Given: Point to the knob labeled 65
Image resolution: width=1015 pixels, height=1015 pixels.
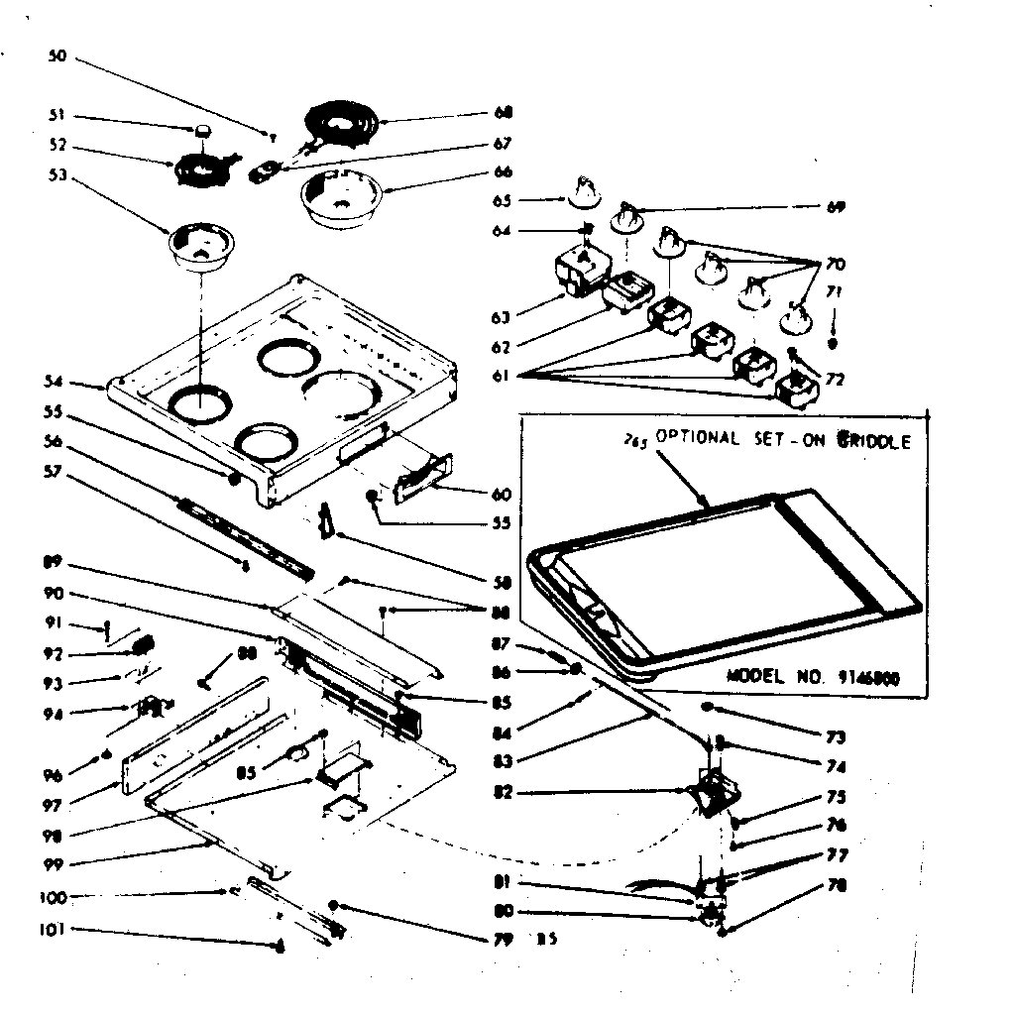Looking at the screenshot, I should pyautogui.click(x=584, y=190).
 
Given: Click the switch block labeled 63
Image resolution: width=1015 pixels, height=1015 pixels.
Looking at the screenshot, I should pyautogui.click(x=573, y=272).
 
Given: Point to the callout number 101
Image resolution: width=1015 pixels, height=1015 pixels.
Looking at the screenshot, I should pyautogui.click(x=55, y=930).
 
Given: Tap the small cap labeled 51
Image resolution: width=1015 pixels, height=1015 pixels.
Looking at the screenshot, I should pyautogui.click(x=204, y=130).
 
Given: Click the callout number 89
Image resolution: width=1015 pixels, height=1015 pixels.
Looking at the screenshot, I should pyautogui.click(x=55, y=562).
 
